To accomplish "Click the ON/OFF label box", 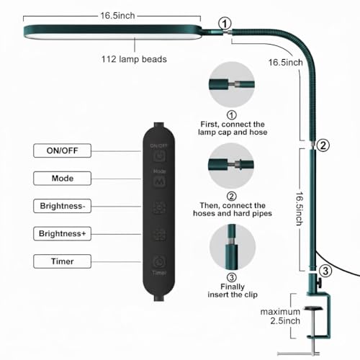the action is click(62, 150).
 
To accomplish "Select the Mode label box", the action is click(62, 179).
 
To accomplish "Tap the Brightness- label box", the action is click(62, 206).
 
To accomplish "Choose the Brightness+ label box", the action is click(62, 233).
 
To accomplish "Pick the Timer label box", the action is click(62, 261).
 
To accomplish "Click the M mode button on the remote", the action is click(159, 181).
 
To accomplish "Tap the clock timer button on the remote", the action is click(159, 262).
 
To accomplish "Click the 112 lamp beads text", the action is click(134, 59).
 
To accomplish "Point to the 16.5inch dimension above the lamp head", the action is click(117, 16).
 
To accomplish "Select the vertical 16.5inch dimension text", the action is click(299, 209).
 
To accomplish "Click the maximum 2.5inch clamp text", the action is click(281, 316).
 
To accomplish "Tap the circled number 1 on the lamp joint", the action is click(225, 24).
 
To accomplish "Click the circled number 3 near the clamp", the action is click(325, 271).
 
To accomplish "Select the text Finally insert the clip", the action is click(233, 291).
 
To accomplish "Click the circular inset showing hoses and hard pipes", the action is click(231, 166).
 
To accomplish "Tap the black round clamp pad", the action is click(313, 308).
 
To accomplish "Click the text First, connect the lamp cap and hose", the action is click(233, 128).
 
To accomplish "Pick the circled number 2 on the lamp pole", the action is click(323, 145).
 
